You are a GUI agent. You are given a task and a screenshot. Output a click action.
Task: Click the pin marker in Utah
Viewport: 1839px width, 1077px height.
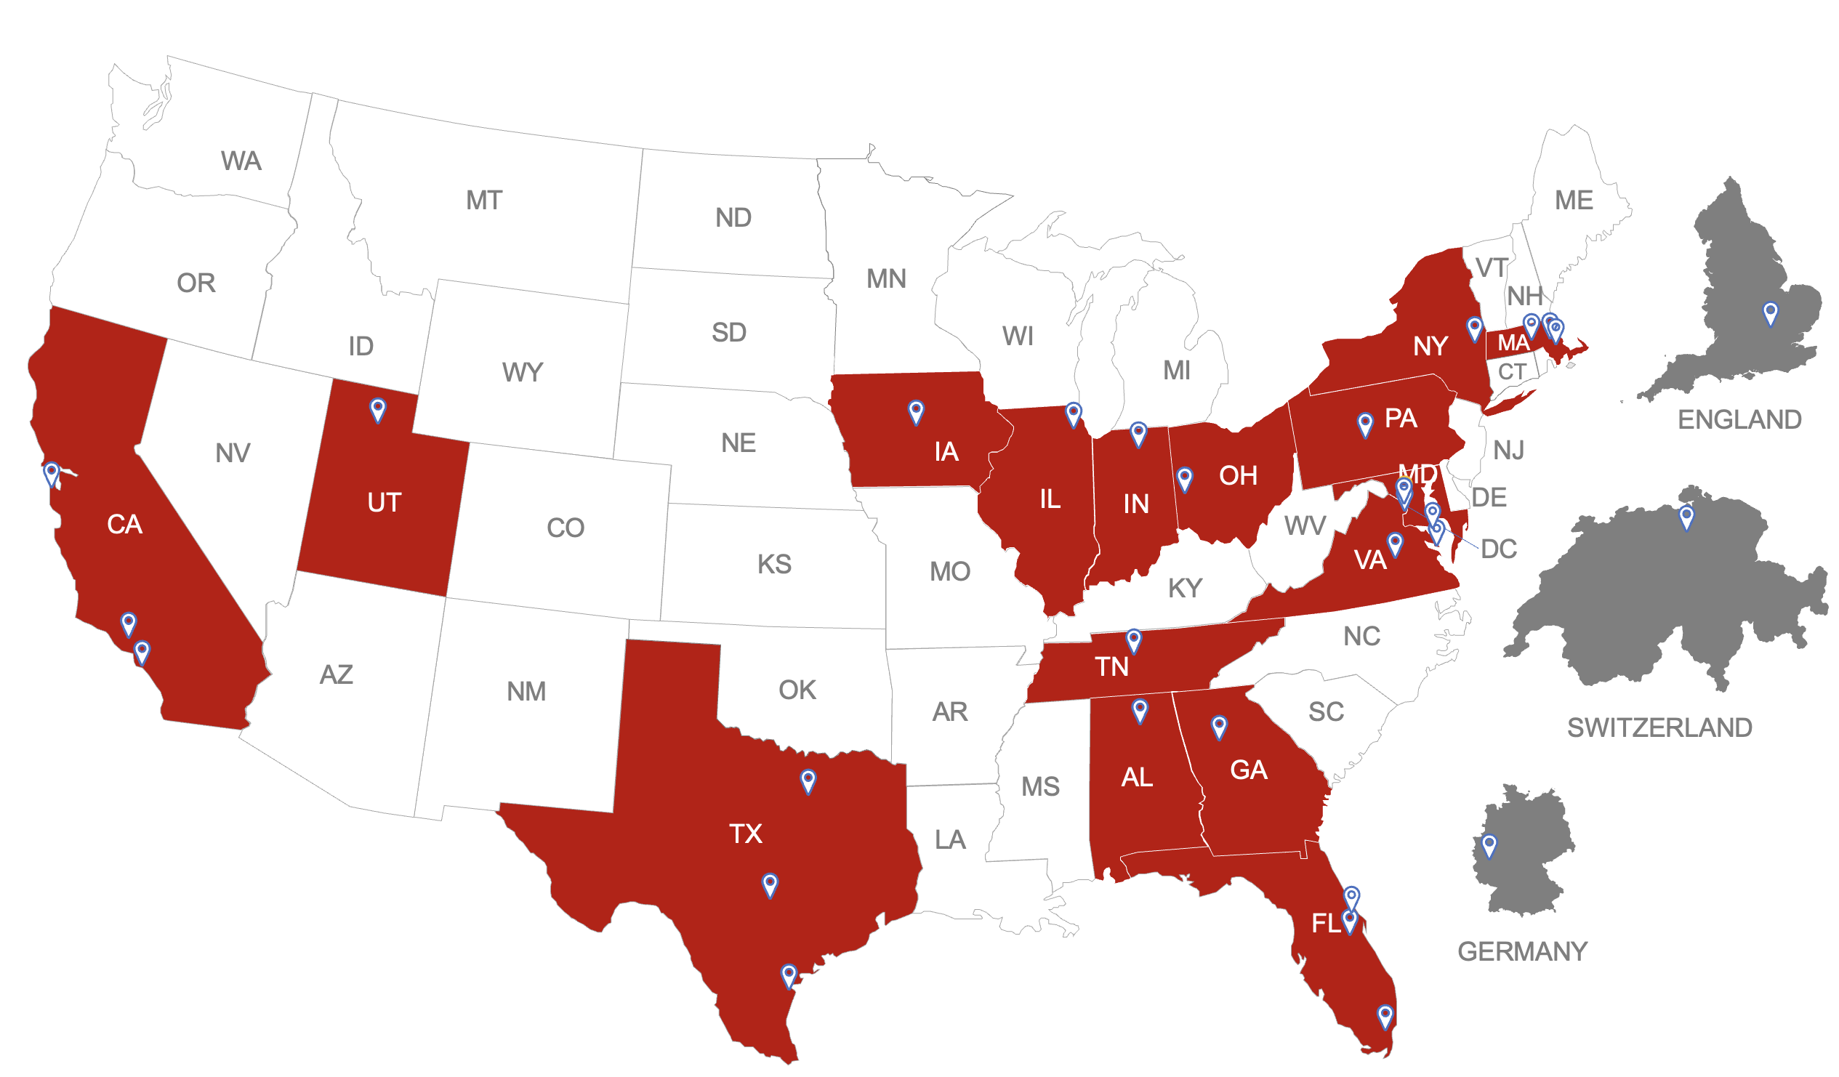(x=377, y=409)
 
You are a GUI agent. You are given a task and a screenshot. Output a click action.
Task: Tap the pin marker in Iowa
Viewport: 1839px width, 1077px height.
(x=916, y=411)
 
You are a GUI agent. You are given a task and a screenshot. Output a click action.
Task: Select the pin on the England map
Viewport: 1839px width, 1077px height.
(x=1770, y=313)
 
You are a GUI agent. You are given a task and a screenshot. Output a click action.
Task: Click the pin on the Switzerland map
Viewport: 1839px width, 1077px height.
(x=1686, y=517)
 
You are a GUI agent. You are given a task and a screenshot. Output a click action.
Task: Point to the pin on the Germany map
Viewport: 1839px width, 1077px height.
(x=1489, y=846)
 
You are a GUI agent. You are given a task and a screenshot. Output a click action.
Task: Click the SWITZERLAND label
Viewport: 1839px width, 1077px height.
(x=1659, y=727)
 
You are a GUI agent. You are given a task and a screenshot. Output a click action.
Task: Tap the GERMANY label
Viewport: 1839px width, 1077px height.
(x=1521, y=951)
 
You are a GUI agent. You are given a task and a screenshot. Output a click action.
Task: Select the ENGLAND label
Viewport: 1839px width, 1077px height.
(x=1739, y=419)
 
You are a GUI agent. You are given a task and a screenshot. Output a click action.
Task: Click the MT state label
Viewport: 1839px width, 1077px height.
(x=484, y=201)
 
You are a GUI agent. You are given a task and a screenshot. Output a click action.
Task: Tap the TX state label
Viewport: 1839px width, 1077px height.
(x=745, y=834)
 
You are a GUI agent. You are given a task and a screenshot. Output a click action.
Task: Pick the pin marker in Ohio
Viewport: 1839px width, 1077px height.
(x=1184, y=479)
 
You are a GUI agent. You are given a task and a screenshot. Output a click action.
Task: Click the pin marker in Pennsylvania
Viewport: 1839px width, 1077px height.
(x=1364, y=424)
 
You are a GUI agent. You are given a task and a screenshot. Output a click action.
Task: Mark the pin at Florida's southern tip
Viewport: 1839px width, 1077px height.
(x=1385, y=1016)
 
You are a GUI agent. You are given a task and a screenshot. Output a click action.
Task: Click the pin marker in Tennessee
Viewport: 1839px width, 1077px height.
(x=1133, y=641)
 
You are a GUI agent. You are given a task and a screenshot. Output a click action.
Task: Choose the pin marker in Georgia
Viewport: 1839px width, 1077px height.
(x=1219, y=726)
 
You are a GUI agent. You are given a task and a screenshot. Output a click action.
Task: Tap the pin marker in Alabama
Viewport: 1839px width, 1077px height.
(x=1139, y=710)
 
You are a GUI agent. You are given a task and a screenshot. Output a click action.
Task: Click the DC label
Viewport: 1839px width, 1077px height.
(x=1498, y=549)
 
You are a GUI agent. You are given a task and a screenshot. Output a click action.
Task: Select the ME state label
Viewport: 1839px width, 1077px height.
(x=1574, y=201)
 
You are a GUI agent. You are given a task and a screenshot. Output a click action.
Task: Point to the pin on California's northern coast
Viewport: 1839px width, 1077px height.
(x=51, y=473)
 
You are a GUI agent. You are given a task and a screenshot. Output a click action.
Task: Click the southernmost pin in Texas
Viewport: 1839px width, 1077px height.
(x=788, y=975)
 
